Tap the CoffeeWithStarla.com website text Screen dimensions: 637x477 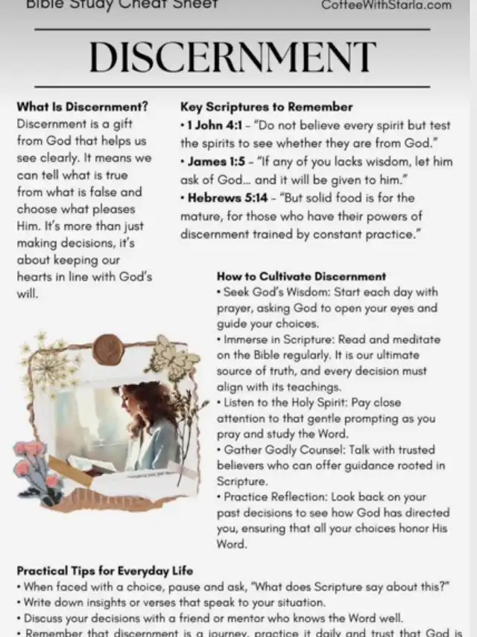pos(386,5)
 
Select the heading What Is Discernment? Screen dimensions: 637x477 pos(82,106)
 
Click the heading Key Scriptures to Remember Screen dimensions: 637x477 pos(266,107)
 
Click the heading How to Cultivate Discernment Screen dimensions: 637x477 pos(301,276)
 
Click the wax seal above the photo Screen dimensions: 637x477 pos(108,348)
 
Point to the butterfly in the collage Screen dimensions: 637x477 pos(173,357)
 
